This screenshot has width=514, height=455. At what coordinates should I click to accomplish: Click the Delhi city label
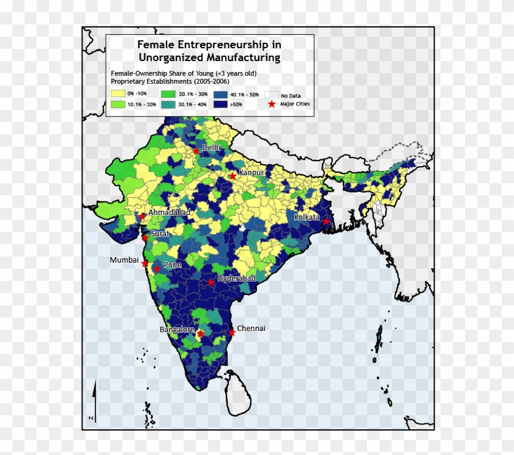pos(211,147)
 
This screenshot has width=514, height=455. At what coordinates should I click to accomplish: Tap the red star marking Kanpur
pos(233,176)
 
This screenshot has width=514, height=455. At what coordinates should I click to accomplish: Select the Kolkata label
pos(307,217)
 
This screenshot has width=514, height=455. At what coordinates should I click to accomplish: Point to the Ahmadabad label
pos(169,212)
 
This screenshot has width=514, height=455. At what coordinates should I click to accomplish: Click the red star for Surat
pos(145,238)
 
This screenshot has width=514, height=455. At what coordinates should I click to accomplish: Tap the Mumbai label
pos(124,260)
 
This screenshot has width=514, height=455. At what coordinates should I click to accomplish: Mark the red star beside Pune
pos(157,269)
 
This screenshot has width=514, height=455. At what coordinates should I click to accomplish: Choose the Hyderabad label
pos(236,278)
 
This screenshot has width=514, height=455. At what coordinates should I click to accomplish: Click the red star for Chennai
pos(232,332)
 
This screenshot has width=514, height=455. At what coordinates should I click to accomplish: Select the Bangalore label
pos(176,330)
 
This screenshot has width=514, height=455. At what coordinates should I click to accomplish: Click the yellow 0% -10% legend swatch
pos(117,93)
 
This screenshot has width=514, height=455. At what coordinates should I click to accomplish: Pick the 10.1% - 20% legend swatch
pos(117,104)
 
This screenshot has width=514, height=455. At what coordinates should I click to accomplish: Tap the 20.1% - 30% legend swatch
pos(169,94)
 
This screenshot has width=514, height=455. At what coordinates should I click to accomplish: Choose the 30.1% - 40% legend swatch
pos(169,104)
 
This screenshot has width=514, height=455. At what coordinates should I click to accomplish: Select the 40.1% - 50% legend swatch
pos(221,94)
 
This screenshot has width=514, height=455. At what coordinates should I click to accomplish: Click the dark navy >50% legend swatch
pos(221,104)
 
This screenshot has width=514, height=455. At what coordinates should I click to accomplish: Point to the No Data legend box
pos(272,95)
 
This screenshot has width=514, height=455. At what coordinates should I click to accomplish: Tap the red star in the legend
pos(272,104)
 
